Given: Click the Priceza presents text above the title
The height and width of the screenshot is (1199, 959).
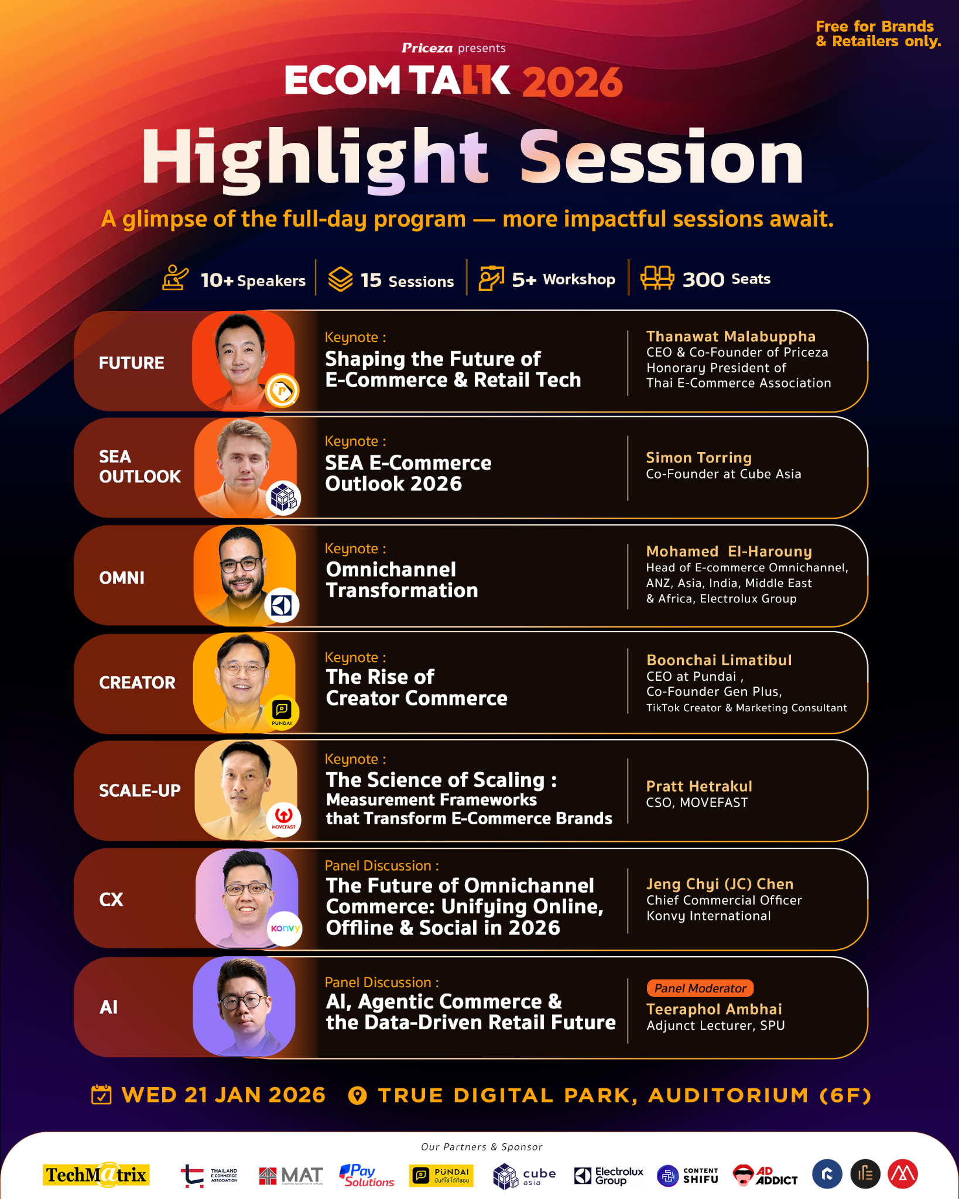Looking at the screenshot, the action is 453,48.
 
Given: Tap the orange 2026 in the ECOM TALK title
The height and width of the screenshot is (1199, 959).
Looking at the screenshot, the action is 572,81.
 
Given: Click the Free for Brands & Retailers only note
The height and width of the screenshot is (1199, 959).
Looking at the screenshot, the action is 878,33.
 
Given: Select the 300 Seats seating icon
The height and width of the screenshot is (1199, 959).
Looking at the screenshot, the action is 657,278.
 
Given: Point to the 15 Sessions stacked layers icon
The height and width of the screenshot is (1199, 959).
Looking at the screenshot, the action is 340,279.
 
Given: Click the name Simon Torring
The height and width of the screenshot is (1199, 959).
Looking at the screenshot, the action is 698,457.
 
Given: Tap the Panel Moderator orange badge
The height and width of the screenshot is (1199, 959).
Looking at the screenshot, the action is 700,988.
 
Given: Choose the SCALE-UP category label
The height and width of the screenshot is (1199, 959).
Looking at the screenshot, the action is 140,790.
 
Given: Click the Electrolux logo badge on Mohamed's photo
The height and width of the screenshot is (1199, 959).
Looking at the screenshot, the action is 282,605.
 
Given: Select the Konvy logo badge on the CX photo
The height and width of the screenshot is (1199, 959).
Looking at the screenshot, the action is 285,929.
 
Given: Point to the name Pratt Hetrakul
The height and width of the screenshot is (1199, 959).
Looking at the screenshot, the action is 699,786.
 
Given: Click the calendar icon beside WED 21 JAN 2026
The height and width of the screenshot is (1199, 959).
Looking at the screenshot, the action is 101,1094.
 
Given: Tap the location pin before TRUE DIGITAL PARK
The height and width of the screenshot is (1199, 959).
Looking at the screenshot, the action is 357,1095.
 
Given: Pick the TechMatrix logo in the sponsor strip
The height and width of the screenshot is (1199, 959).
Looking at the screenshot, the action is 97,1174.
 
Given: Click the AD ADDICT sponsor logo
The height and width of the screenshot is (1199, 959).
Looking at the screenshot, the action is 765,1175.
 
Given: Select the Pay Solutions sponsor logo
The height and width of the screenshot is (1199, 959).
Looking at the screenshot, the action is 367,1175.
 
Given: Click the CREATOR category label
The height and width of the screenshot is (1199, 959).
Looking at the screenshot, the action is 137,683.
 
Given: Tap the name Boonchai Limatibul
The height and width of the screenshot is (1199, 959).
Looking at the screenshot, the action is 719,660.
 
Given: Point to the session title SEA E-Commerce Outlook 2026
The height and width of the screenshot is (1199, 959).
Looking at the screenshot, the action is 408,473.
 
